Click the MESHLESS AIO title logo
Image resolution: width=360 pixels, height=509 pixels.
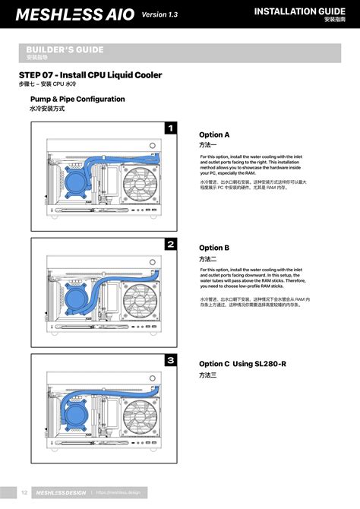click(x=75, y=14)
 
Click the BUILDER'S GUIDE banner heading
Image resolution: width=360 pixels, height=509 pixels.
click(x=65, y=50)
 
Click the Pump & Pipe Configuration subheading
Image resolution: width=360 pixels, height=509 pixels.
click(x=77, y=100)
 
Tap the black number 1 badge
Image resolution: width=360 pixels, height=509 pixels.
click(x=171, y=128)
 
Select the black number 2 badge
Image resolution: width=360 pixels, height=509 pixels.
click(x=171, y=244)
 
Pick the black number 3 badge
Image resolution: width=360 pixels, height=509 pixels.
click(x=171, y=360)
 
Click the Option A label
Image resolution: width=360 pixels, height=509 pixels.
click(x=214, y=134)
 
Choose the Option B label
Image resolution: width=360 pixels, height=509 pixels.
click(x=214, y=248)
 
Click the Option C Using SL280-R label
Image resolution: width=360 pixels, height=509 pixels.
click(x=242, y=364)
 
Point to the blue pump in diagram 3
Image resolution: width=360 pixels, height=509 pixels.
click(x=76, y=416)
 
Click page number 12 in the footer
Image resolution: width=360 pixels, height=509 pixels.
click(x=24, y=492)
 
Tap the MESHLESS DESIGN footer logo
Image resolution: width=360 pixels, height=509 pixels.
click(x=61, y=492)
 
